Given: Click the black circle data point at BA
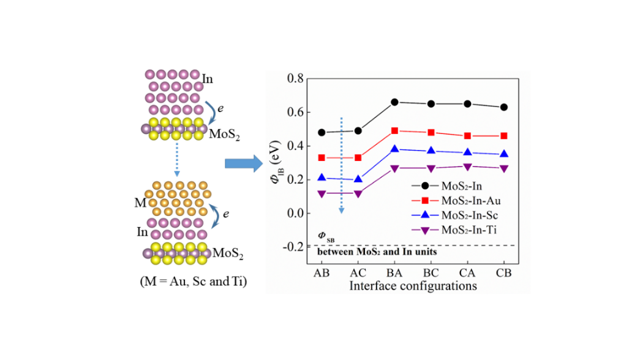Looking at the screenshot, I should [x=395, y=102].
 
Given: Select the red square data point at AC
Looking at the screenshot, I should [x=358, y=158].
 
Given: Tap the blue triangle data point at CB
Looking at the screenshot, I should [x=503, y=154].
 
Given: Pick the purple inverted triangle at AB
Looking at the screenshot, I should [x=322, y=193].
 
